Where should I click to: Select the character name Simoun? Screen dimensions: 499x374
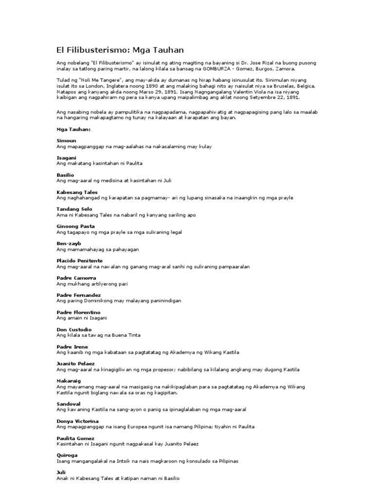[67, 140]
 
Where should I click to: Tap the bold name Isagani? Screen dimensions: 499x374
[67, 157]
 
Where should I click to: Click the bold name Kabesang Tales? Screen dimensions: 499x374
[77, 192]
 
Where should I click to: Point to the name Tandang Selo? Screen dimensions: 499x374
[75, 209]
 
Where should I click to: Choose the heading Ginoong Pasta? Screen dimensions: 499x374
[75, 227]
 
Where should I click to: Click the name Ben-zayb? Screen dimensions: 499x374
[69, 243]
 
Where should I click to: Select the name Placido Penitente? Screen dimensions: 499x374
[80, 261]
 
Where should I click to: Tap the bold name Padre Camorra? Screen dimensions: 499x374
[76, 278]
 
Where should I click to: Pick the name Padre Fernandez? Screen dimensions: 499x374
[78, 295]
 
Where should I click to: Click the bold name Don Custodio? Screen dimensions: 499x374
[74, 329]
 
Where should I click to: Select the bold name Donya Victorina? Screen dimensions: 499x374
[77, 421]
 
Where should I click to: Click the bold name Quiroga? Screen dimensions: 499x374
[67, 455]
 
